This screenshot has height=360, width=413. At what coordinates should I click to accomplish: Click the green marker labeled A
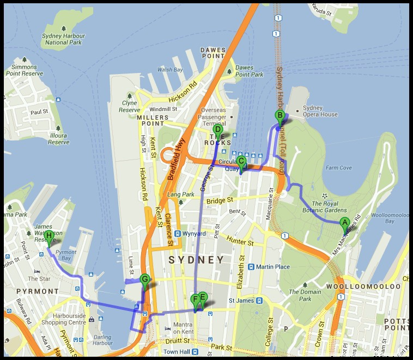click(x=344, y=222)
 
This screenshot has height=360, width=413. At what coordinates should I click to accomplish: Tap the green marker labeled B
click(x=280, y=115)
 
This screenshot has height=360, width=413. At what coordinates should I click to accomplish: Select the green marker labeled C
click(x=241, y=161)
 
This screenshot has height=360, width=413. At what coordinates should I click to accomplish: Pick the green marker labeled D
click(x=217, y=130)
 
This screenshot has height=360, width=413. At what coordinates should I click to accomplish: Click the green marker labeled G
click(x=144, y=279)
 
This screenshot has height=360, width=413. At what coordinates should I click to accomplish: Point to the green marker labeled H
click(x=49, y=236)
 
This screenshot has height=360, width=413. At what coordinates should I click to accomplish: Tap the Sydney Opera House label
click(x=320, y=111)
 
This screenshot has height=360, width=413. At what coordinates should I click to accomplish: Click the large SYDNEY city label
click(x=196, y=260)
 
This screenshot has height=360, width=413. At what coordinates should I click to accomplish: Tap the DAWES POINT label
click(x=213, y=52)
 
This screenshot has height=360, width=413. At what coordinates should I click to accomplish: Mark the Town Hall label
click(x=176, y=352)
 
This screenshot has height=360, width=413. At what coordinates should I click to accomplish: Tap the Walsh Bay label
click(x=169, y=70)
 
